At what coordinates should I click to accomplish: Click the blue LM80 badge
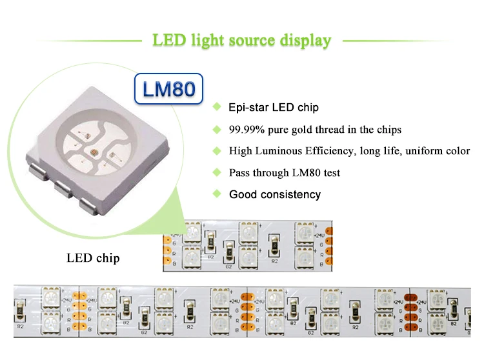click(168, 88)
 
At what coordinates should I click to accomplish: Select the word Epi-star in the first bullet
click(247, 107)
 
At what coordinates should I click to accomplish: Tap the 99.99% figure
click(247, 130)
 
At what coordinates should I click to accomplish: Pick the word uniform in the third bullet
click(421, 151)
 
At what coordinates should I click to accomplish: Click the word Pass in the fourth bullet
click(239, 173)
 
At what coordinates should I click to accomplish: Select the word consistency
click(291, 194)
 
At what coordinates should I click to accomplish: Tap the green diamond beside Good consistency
click(217, 194)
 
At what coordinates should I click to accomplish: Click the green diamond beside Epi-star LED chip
click(217, 106)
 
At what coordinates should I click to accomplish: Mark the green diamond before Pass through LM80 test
click(217, 172)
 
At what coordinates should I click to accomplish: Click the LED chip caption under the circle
click(93, 259)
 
